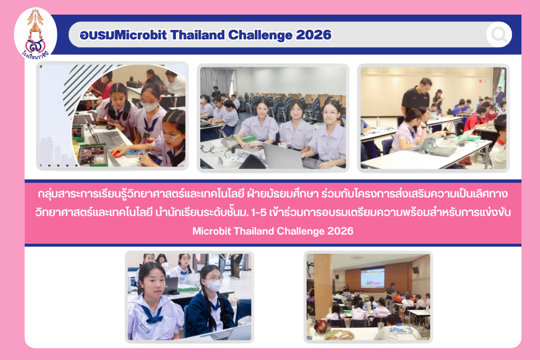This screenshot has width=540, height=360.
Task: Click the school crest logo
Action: pos(35,34)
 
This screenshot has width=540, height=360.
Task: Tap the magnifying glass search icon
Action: pos(499,34)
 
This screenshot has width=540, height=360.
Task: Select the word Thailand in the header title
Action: pos(197,35)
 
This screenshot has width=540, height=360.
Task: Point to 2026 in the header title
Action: pos(314,35)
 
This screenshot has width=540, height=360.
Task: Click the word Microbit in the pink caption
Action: pos(211,231)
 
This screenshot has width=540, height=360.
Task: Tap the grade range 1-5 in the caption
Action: pos(259,212)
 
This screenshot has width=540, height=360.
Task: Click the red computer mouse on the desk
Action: pos(117,154)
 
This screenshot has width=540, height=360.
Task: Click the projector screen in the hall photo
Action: pos(372,278)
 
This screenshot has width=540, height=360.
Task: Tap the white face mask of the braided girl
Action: pos(213,285)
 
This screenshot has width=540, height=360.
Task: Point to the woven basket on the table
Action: pos(339,334)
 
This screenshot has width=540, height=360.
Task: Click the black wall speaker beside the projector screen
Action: pos(415,270)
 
